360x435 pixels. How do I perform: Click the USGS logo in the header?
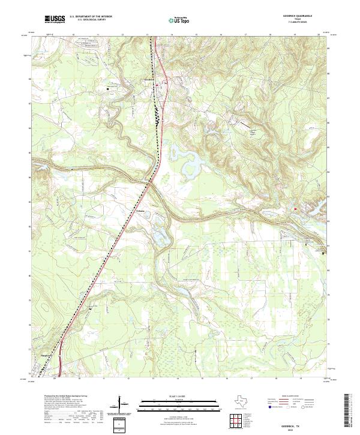pyautogui.click(x=55, y=20)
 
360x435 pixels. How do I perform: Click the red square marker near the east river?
pyautogui.click(x=295, y=208)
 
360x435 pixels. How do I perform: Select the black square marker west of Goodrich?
pyautogui.click(x=108, y=89)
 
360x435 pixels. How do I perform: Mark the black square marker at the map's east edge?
pyautogui.click(x=324, y=253)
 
